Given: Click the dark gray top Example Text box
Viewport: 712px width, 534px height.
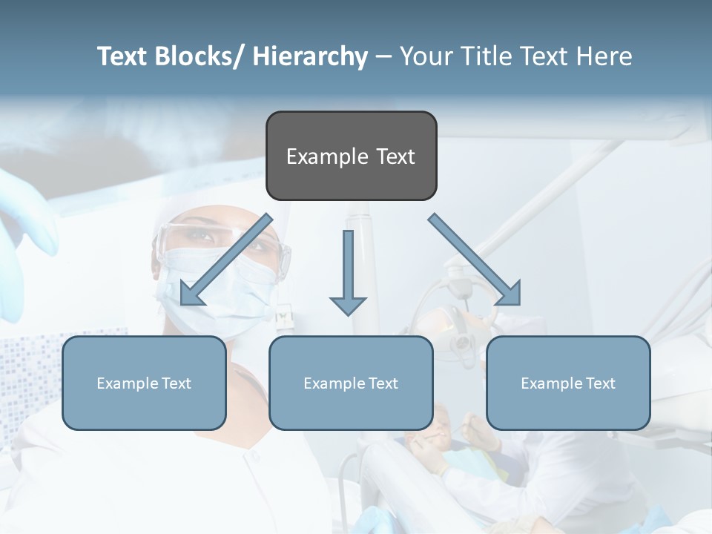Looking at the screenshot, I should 351,156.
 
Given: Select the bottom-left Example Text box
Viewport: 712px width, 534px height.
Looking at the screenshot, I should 144,383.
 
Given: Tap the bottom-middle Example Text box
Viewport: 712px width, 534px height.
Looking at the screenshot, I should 351,383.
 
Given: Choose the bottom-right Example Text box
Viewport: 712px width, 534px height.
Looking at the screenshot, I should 568,383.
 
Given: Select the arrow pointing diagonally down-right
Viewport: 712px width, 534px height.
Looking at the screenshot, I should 475,260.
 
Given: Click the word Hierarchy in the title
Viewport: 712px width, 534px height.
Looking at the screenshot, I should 310,56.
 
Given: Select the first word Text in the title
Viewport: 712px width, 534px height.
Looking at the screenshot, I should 123,56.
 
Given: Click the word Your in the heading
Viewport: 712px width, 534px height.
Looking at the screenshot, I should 425,56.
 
